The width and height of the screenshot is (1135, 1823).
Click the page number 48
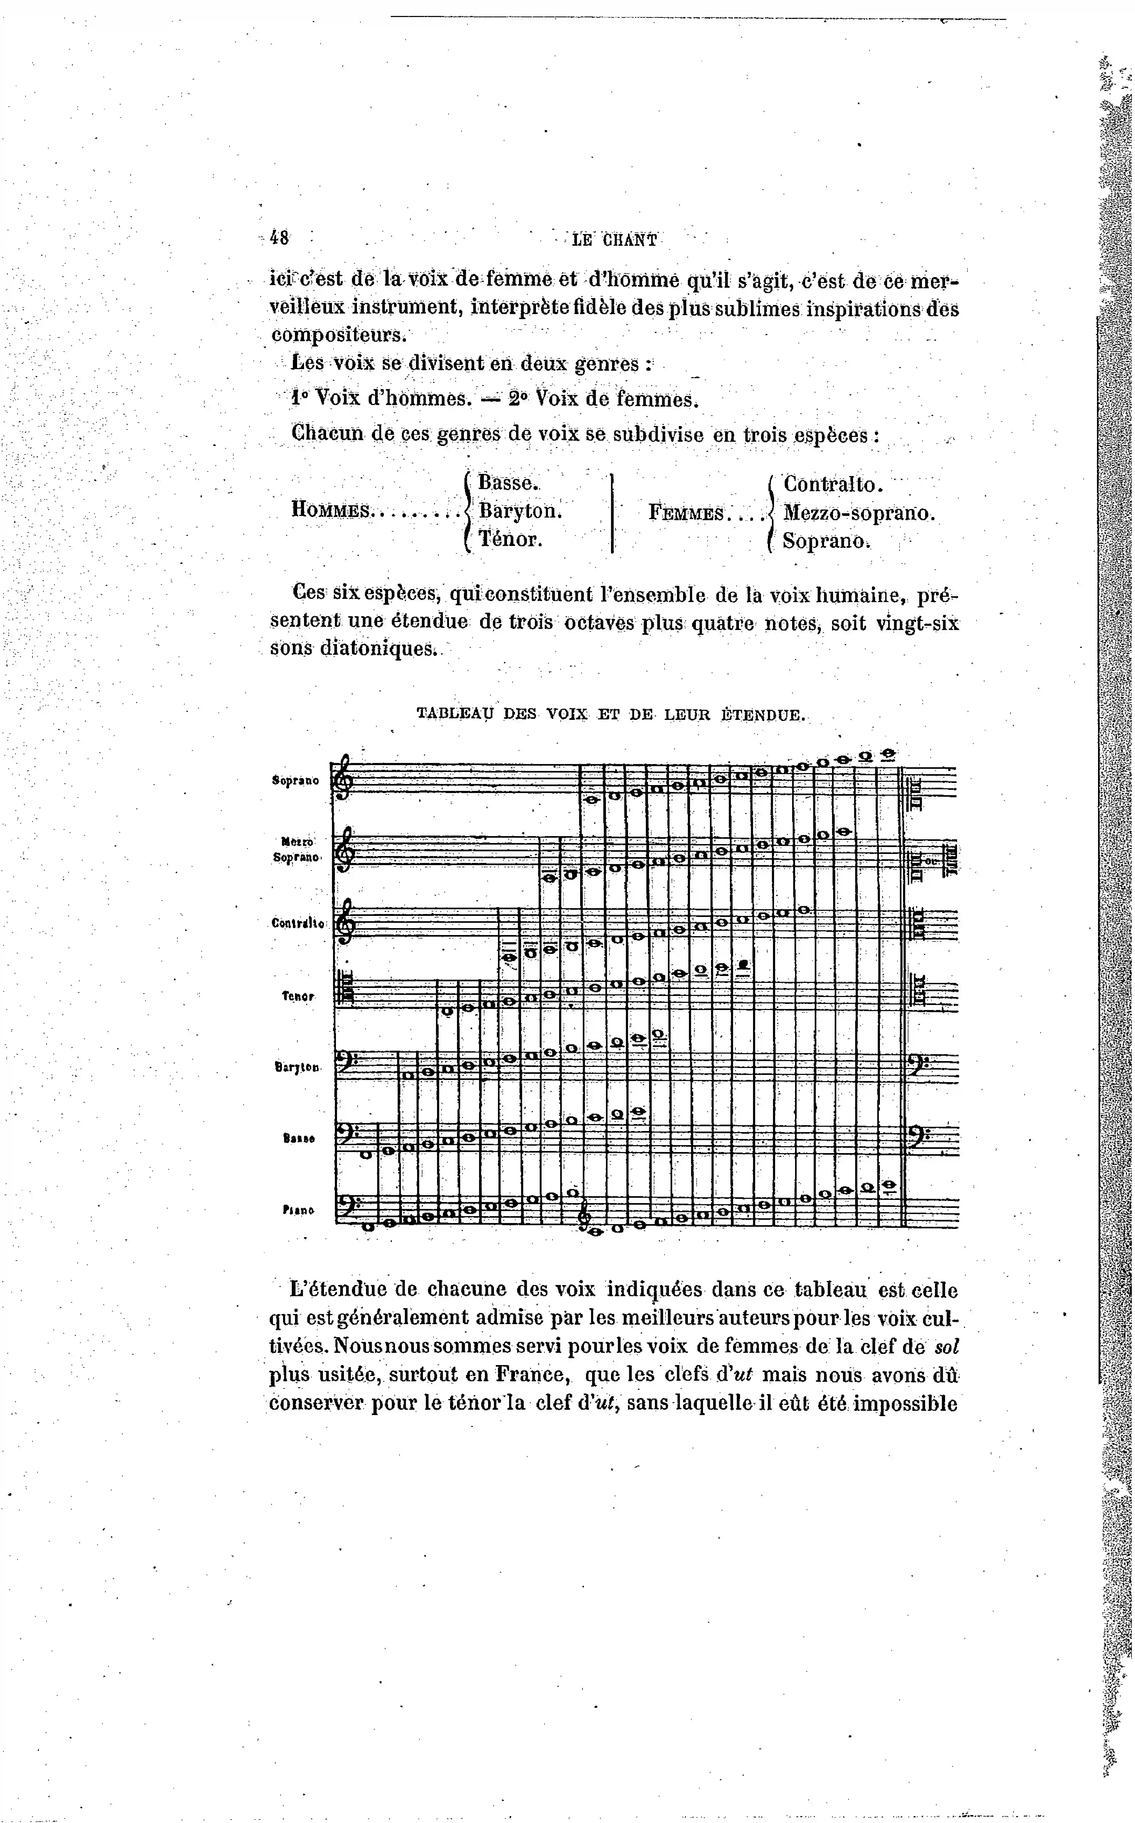tap(279, 238)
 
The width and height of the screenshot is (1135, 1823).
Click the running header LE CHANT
tap(614, 240)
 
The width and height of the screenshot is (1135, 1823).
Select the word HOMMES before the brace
tap(330, 511)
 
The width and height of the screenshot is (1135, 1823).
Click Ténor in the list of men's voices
tap(510, 539)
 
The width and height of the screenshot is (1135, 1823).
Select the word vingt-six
tap(917, 623)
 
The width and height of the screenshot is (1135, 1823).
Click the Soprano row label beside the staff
tap(295, 781)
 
